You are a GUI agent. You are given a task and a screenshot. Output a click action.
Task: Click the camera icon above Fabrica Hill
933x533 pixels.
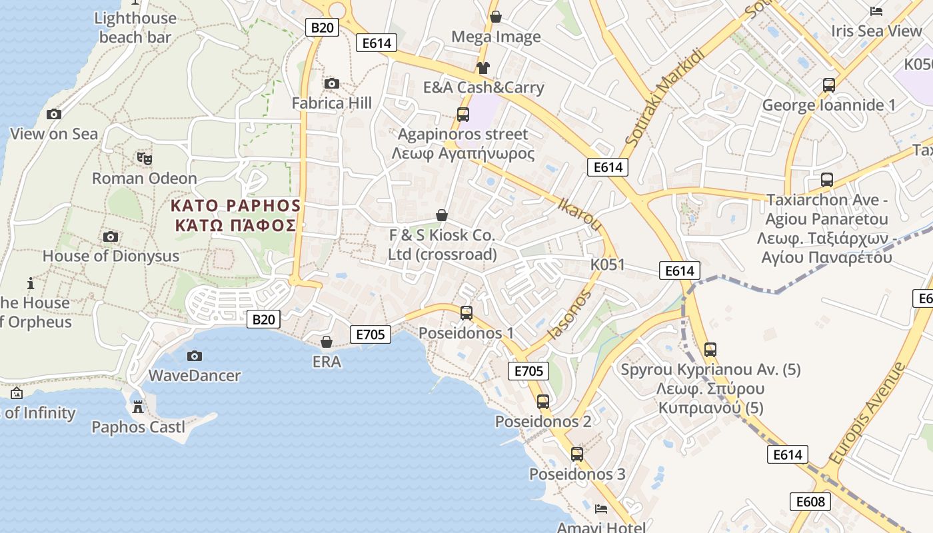coord(331,83)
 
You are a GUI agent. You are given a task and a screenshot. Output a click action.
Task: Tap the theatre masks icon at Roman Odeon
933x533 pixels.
coord(145,158)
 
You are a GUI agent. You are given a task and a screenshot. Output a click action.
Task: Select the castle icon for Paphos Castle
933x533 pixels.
coord(138,406)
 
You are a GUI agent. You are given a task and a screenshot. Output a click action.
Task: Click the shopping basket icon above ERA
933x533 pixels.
coord(327,342)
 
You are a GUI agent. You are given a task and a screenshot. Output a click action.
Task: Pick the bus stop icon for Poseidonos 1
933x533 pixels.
coord(467,312)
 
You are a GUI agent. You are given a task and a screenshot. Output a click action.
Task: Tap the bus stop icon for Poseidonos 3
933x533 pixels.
coord(577,454)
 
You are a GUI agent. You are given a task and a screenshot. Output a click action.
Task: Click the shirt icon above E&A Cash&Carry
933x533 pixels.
coord(483,67)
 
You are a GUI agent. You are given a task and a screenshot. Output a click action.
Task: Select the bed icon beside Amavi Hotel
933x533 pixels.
coord(601,509)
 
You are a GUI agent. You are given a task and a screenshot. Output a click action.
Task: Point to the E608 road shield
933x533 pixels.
coord(810,502)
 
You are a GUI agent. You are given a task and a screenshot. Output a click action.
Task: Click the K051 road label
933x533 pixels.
coord(608,265)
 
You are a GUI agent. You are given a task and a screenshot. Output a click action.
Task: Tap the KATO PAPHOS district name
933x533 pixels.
coord(236,205)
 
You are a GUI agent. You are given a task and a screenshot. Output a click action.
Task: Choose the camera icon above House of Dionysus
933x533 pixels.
coord(111,237)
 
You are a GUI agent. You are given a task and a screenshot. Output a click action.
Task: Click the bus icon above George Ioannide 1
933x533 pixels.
coord(829,85)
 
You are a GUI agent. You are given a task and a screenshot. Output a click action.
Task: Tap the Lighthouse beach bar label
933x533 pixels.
coord(135,27)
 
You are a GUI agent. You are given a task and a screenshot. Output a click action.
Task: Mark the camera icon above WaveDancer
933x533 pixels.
coord(195,356)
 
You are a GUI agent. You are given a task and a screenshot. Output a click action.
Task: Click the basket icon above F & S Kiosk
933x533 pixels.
coord(441,215)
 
